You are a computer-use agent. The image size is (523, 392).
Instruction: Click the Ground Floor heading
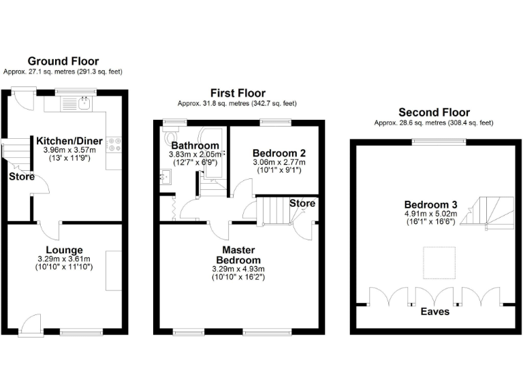coord(63,61)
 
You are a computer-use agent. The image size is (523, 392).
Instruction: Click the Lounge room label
coord(64,250)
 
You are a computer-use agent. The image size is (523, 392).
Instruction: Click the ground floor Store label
coord(21,177)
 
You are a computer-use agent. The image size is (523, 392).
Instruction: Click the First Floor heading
coord(237,93)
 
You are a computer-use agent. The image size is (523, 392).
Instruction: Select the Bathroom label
coord(195,146)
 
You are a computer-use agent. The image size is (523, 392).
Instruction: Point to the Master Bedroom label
coord(238,255)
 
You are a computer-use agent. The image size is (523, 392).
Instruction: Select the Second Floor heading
coord(434,112)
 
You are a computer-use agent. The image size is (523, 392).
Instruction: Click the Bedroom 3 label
coord(430,205)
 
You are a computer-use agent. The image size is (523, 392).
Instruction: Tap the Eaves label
coord(434,312)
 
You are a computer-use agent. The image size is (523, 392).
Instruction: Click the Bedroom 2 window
coord(276,122)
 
